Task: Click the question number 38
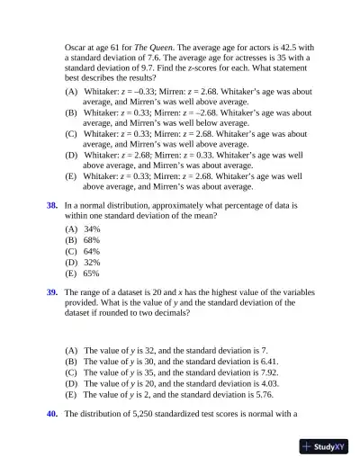[52, 206]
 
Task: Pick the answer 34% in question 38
[92, 229]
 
